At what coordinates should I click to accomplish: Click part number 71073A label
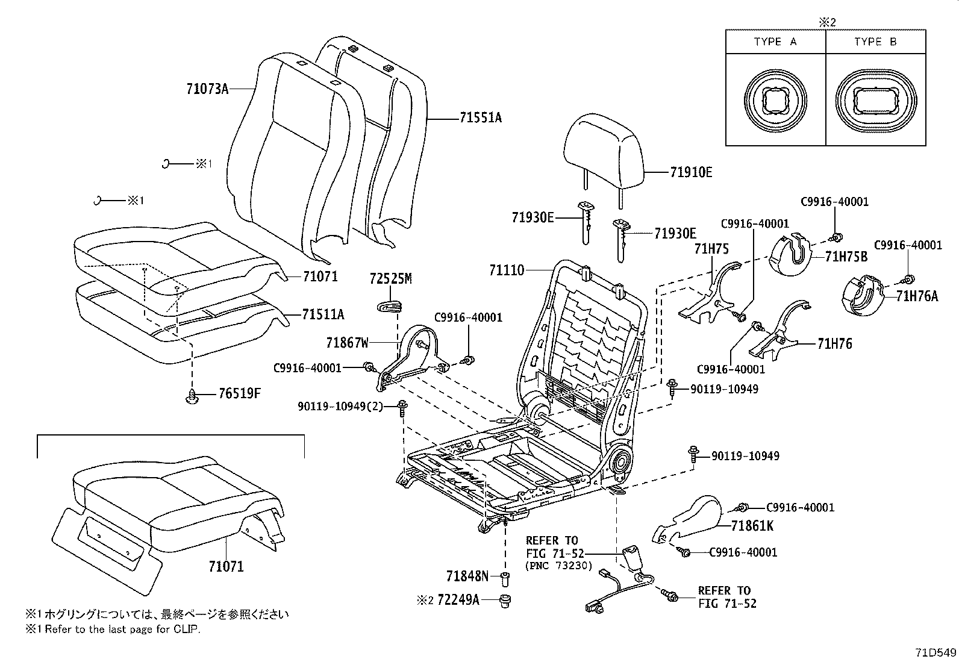(207, 89)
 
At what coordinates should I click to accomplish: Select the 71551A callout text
(480, 118)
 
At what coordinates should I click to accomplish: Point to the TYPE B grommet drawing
(875, 101)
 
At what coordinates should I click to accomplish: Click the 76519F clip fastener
(192, 398)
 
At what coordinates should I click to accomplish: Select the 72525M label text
(390, 278)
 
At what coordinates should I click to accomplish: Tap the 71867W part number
(347, 343)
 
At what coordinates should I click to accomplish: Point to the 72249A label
(458, 600)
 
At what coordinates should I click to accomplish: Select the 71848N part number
(467, 576)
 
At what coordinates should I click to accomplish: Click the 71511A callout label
(323, 314)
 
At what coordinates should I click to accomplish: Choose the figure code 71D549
(936, 652)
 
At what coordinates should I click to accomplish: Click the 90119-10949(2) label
(340, 407)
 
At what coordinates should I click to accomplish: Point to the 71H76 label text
(834, 344)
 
